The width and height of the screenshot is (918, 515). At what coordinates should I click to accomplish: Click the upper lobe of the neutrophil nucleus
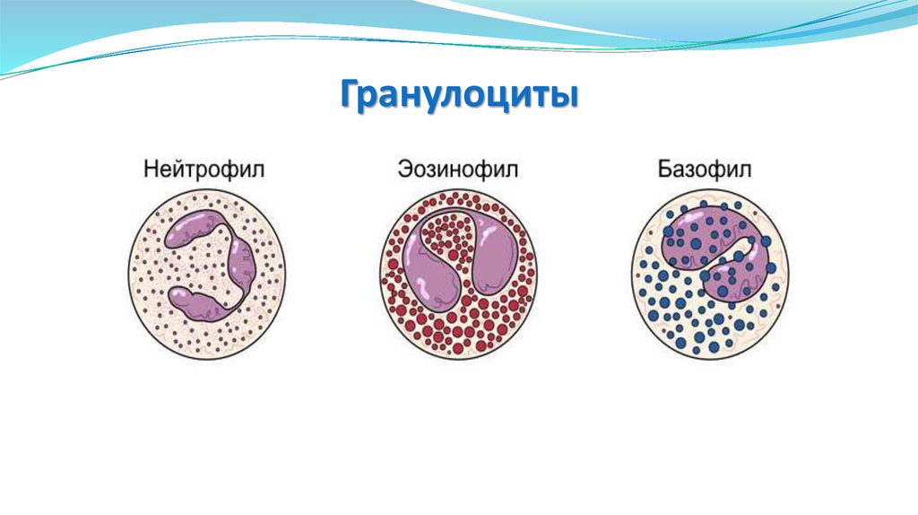coord(193,231)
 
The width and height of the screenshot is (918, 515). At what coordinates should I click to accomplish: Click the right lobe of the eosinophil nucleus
coord(491,260)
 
